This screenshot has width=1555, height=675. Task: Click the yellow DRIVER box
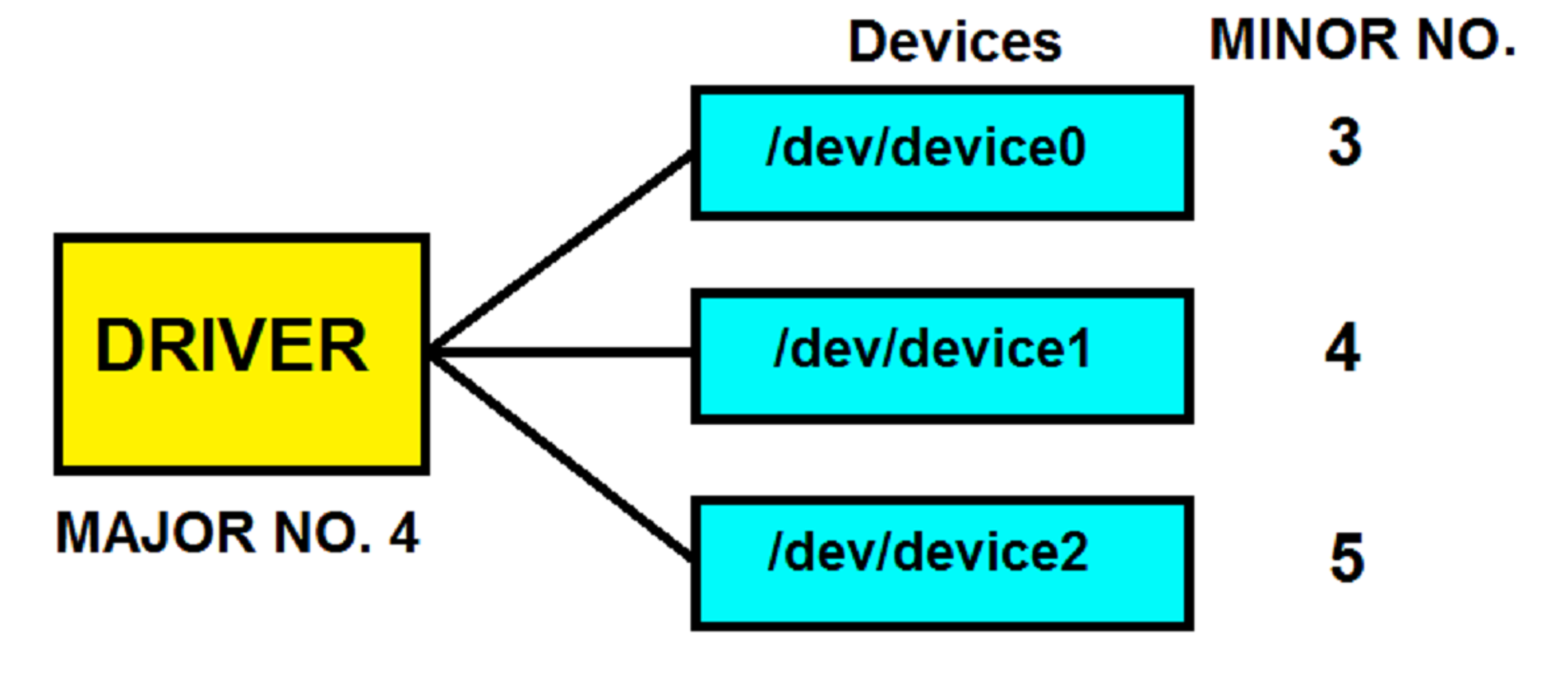point(242,354)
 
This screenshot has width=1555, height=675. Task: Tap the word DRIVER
point(231,346)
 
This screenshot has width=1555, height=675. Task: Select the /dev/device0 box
point(942,153)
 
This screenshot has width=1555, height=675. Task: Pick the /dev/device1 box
point(942,355)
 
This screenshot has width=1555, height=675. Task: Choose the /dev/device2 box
point(942,563)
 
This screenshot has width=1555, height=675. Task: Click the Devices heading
point(955,42)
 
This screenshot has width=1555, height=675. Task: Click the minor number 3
point(1345,142)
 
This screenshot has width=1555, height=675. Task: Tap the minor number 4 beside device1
point(1343,347)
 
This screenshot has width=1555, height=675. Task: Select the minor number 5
point(1347,557)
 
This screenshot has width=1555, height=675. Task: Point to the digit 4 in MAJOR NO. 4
point(404,533)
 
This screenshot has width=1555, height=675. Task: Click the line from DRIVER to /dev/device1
point(560,353)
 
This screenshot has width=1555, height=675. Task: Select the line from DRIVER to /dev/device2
point(560,456)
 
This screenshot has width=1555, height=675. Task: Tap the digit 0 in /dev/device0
point(1071,148)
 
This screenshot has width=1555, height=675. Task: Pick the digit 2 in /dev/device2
point(1073,551)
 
